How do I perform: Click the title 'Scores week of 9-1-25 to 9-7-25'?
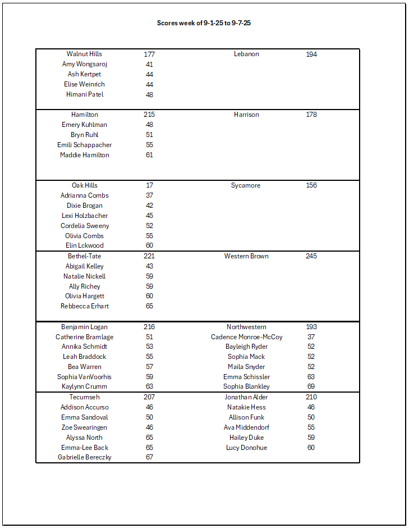(x=208, y=23)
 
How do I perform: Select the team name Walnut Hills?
(x=84, y=54)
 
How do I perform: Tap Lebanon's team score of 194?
(x=311, y=54)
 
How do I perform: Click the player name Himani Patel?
(x=85, y=94)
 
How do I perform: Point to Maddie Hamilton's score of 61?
(x=149, y=155)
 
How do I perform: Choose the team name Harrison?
(x=246, y=115)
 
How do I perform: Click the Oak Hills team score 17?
(x=149, y=185)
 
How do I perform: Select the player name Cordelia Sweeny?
(x=85, y=226)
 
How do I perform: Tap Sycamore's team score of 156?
(x=311, y=185)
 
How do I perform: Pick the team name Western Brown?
(x=246, y=256)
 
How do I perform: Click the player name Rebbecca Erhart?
(x=85, y=306)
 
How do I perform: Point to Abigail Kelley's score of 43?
(x=149, y=266)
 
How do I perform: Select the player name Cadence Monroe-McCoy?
(x=246, y=337)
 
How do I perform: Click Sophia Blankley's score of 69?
(x=311, y=386)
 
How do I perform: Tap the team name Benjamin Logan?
(x=85, y=327)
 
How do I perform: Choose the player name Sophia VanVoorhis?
(x=85, y=377)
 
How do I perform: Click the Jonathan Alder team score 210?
(x=311, y=397)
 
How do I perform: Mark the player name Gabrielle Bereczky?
(x=85, y=457)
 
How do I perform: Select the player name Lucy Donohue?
(x=246, y=448)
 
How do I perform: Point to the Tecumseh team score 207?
(x=149, y=397)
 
